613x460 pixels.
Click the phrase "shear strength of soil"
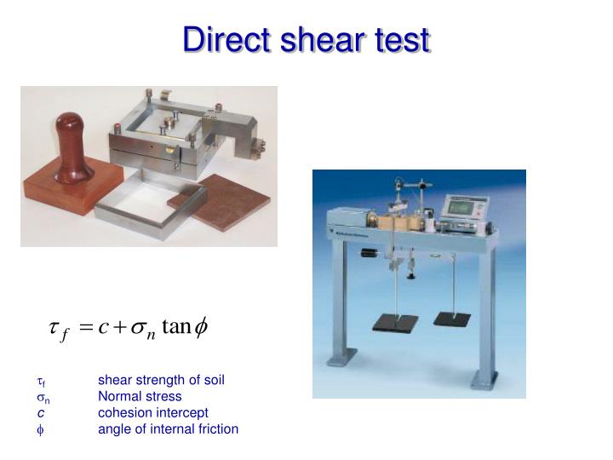coord(161,380)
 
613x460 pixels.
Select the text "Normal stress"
coord(140,396)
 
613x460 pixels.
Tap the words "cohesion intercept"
coord(152,412)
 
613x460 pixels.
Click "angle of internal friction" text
coord(168,428)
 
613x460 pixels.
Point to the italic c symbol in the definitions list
coord(40,412)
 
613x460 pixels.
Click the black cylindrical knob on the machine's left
coord(368,253)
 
